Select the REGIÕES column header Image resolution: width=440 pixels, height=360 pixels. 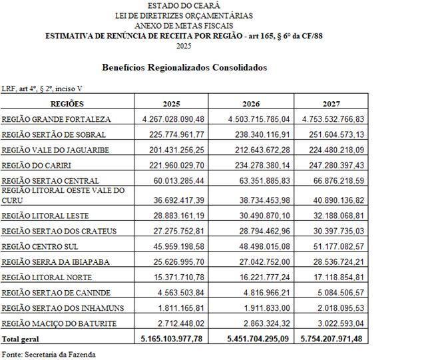pos(67,104)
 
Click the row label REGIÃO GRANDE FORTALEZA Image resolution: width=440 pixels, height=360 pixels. pos(56,120)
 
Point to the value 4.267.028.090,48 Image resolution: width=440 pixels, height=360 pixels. pos(173,119)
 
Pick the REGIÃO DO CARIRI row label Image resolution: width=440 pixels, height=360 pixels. pos(46,164)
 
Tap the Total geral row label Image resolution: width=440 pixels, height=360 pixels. pos(21,339)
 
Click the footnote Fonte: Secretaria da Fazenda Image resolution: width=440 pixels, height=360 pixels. pos(49,354)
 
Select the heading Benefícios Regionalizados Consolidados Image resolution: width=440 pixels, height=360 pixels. pos(184,68)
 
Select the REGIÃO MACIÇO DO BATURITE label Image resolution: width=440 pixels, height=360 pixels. pos(59,324)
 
